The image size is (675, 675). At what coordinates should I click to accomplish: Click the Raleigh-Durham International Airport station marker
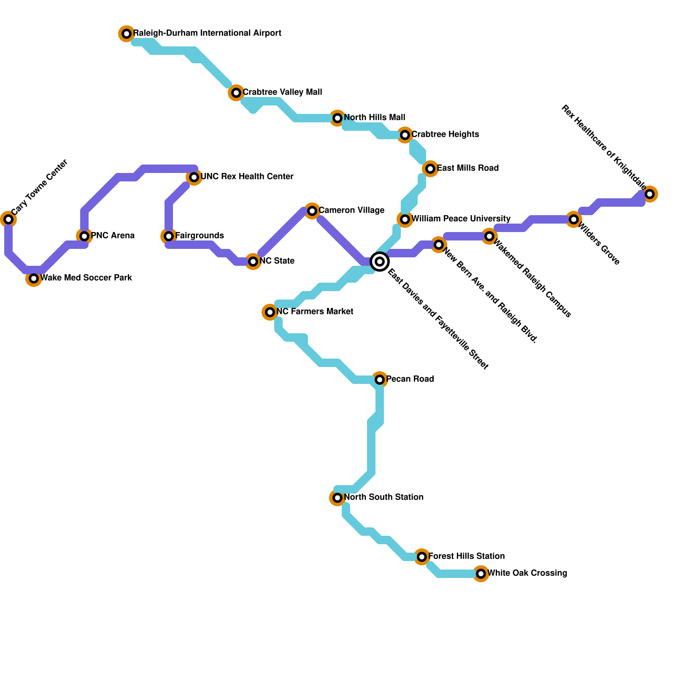[x=127, y=34]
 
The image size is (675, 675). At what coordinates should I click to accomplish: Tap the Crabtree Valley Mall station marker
[x=236, y=93]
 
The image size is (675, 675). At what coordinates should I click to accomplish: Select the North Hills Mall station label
[x=374, y=117]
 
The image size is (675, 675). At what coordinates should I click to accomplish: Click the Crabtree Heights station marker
[x=405, y=135]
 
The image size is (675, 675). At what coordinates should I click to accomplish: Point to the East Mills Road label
[x=467, y=168]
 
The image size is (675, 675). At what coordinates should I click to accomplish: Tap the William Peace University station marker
[x=405, y=219]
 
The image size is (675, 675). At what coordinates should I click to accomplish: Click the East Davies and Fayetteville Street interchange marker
[x=380, y=262]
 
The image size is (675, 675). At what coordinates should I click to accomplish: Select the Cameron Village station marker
[x=312, y=211]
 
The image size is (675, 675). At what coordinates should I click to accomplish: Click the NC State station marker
[x=253, y=262]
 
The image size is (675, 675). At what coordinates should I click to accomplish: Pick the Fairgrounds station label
[x=199, y=235]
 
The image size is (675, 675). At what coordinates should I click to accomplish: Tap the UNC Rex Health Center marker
[x=194, y=177]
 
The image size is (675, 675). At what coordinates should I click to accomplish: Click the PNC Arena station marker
[x=84, y=236]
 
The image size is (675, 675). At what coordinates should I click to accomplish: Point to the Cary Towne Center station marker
[x=8, y=219]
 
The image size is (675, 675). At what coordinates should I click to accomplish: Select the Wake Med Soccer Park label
[x=86, y=278]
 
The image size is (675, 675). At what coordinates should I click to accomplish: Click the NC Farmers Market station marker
[x=270, y=312]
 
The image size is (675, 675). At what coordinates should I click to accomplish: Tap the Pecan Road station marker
[x=380, y=380]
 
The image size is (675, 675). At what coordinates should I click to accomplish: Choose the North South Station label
[x=383, y=497]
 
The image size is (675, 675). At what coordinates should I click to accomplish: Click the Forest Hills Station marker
[x=422, y=557]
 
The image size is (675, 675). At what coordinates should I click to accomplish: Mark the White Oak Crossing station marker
[x=481, y=574]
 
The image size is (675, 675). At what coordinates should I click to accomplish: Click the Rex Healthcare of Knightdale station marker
[x=650, y=194]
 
